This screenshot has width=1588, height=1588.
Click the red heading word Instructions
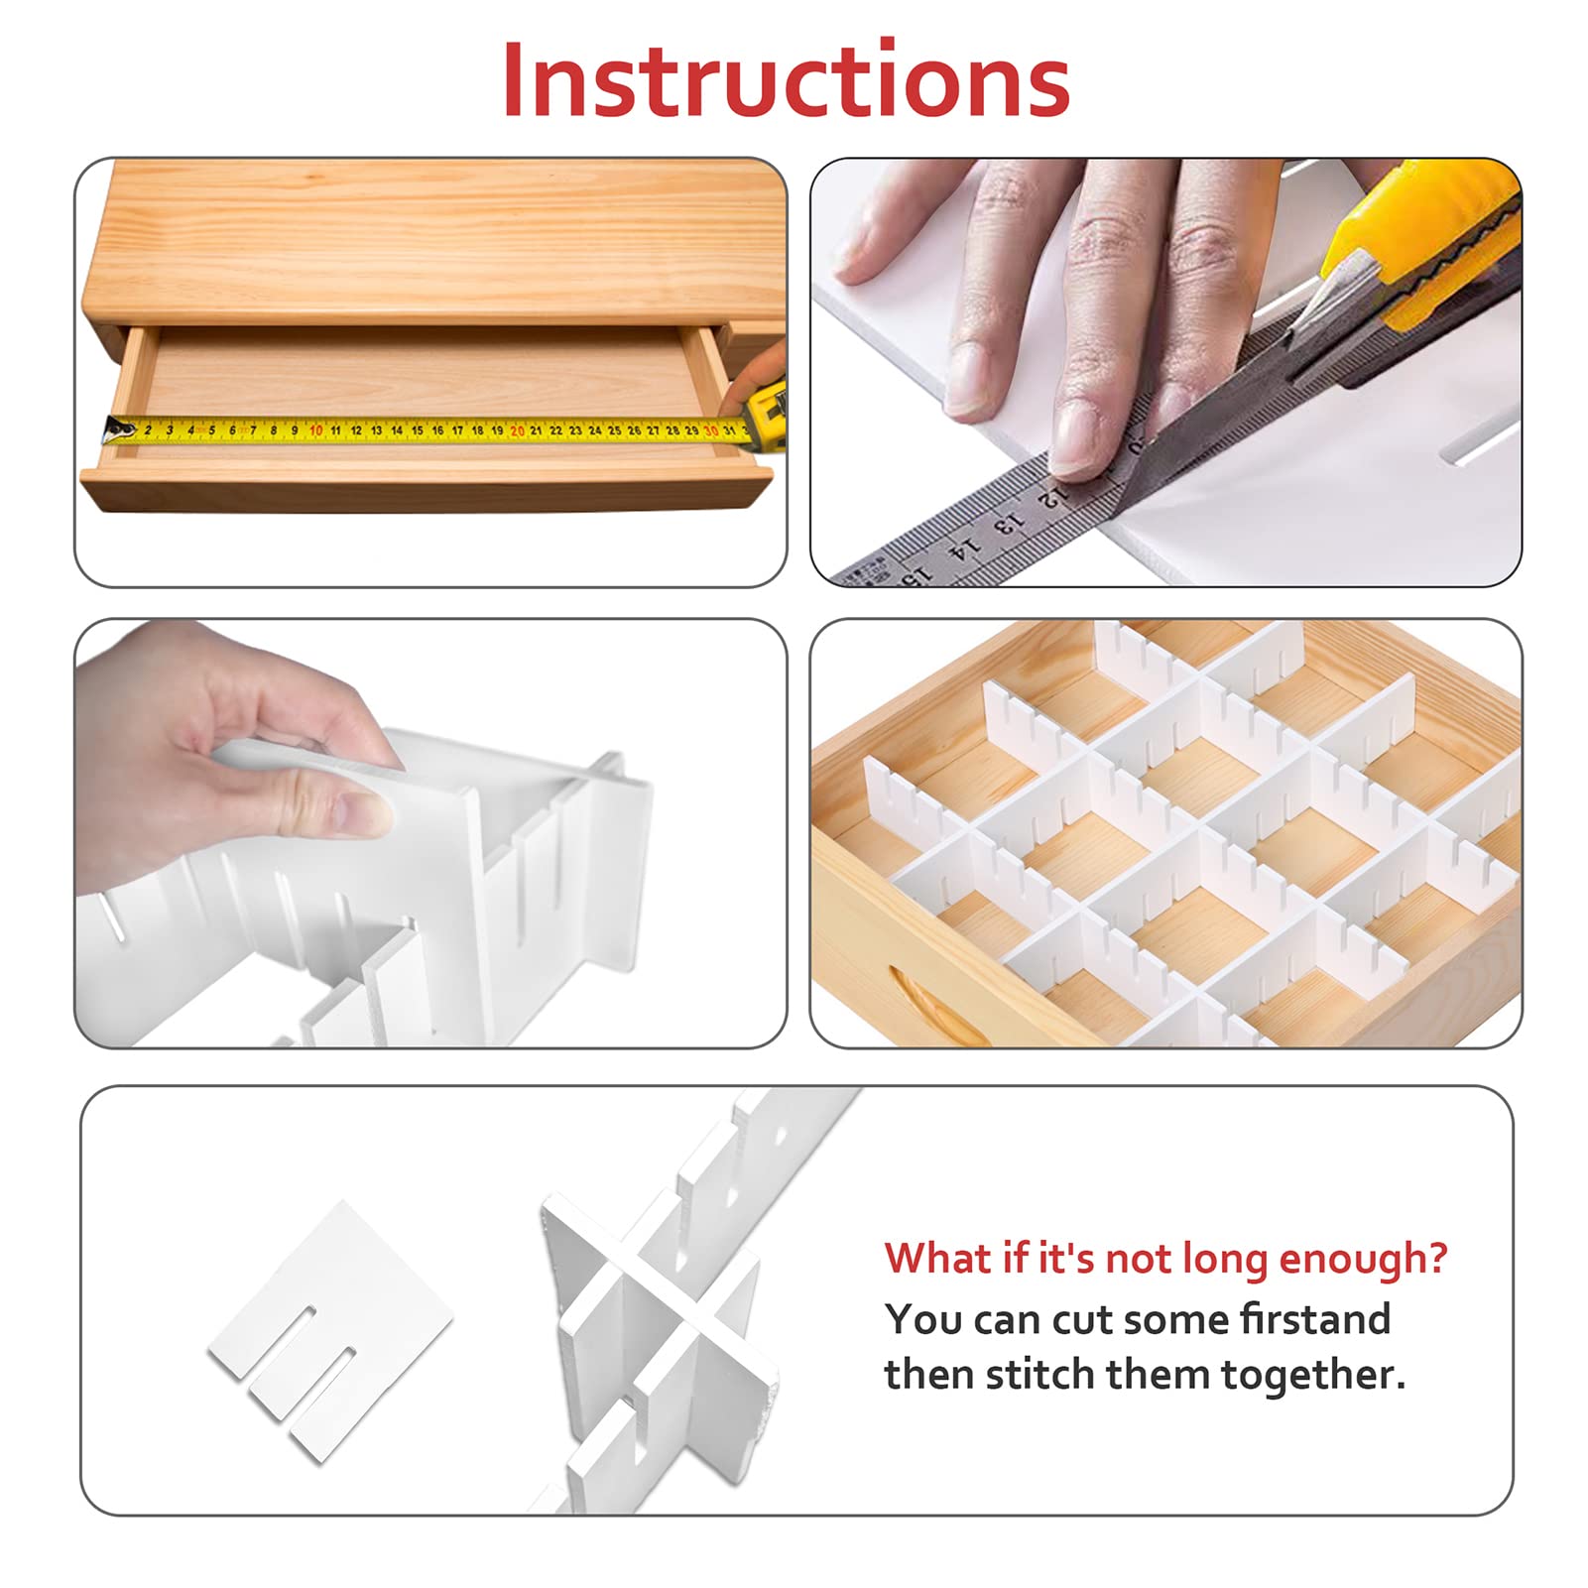tap(786, 79)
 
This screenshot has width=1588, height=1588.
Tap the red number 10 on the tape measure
tap(315, 430)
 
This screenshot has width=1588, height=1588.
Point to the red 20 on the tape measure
tap(517, 430)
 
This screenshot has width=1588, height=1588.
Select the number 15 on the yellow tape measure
tap(417, 430)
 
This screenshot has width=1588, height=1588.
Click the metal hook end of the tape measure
tap(117, 429)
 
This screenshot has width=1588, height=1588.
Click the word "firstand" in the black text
tap(1316, 1319)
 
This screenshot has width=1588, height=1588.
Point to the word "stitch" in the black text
tap(1039, 1375)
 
